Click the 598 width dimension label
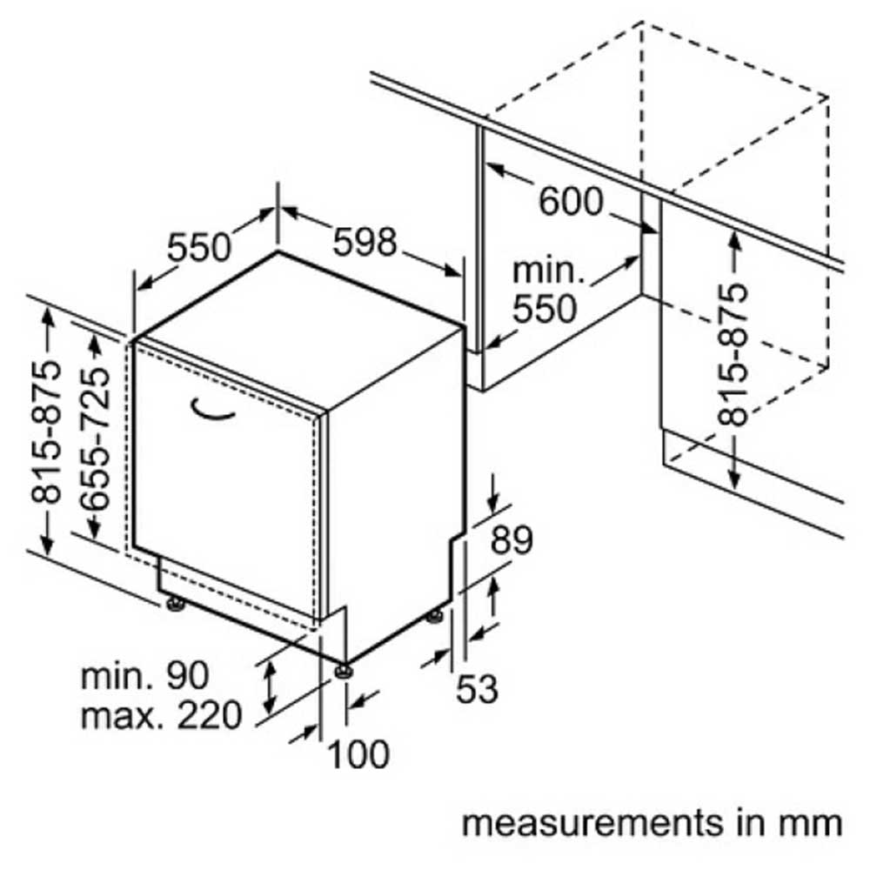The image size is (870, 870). (x=365, y=241)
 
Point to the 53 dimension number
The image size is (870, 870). (x=477, y=688)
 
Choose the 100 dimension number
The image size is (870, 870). (x=358, y=754)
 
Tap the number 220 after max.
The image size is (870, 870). (x=210, y=714)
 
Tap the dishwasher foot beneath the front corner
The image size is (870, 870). (x=344, y=671)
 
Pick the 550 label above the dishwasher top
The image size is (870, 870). (x=198, y=247)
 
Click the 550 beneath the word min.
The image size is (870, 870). (x=545, y=309)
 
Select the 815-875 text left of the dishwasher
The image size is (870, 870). (x=46, y=432)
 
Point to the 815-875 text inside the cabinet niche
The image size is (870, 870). (x=733, y=355)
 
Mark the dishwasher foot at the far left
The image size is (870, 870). (x=176, y=603)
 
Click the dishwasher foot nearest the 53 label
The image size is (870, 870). (x=434, y=615)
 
